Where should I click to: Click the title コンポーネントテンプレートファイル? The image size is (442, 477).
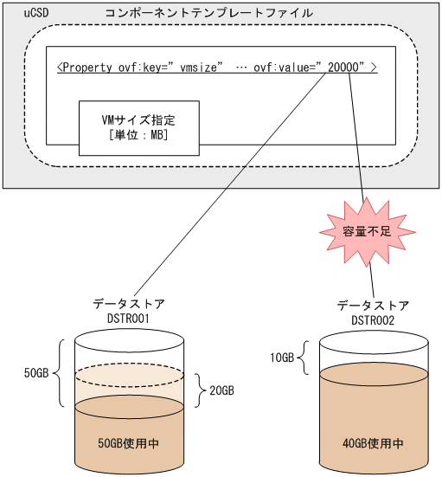pos(208,14)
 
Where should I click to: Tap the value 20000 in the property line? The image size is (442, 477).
pos(345,68)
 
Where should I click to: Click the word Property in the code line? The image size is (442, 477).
pos(89,68)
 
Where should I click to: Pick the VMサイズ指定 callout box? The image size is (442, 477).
pos(131,126)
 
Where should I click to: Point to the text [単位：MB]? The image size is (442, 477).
pos(131,136)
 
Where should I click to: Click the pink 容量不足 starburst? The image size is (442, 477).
pos(364,229)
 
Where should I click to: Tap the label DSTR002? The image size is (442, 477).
pos(373,320)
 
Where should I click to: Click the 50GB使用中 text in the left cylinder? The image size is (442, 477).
pos(130,442)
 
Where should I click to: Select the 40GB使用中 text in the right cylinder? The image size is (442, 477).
pos(373,442)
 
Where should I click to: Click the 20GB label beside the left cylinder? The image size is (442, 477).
pos(221,390)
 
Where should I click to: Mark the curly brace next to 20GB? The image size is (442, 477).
pos(198,390)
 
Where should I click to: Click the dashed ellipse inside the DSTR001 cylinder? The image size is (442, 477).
pos(130,376)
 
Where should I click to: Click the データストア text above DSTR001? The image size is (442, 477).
pos(129,305)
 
